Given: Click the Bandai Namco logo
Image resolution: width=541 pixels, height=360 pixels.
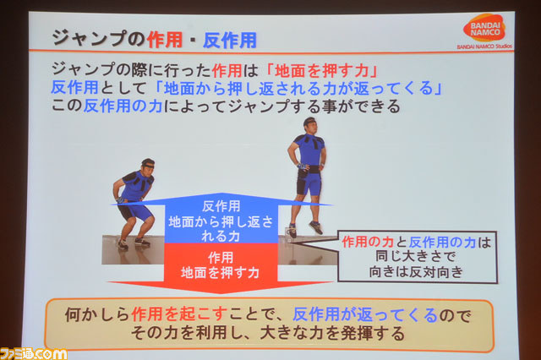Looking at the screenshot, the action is click(x=484, y=28).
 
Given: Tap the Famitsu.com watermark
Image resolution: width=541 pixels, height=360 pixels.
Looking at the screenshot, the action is click(x=34, y=354).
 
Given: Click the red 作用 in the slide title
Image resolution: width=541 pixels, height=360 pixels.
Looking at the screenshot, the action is click(x=165, y=40).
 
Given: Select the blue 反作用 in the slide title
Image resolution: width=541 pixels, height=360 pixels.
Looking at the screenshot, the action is click(x=230, y=40).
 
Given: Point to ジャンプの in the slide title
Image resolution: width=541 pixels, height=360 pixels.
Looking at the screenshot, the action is click(x=98, y=38).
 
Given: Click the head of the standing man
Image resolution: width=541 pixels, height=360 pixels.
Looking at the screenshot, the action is click(x=310, y=125).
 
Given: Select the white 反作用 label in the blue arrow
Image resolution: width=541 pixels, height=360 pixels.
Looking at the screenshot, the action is click(x=221, y=206).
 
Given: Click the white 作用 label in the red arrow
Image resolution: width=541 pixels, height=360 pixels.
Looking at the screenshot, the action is click(x=221, y=258).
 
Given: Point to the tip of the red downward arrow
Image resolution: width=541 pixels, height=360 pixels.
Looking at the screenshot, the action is click(x=221, y=294).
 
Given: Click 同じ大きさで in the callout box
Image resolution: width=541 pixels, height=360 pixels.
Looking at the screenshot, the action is click(x=416, y=256).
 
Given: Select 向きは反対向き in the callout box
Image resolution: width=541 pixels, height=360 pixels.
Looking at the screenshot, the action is click(x=416, y=272).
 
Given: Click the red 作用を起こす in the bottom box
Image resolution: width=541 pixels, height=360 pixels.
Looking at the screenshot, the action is click(x=179, y=314).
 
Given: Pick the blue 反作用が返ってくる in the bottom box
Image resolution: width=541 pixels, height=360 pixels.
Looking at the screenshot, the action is click(x=365, y=314).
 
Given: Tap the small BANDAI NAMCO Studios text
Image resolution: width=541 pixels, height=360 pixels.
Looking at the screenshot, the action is click(x=484, y=46).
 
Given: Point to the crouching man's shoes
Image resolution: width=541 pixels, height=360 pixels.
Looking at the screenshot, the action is click(x=134, y=243).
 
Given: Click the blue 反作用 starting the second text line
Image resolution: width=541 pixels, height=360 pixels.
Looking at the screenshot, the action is click(x=75, y=88).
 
